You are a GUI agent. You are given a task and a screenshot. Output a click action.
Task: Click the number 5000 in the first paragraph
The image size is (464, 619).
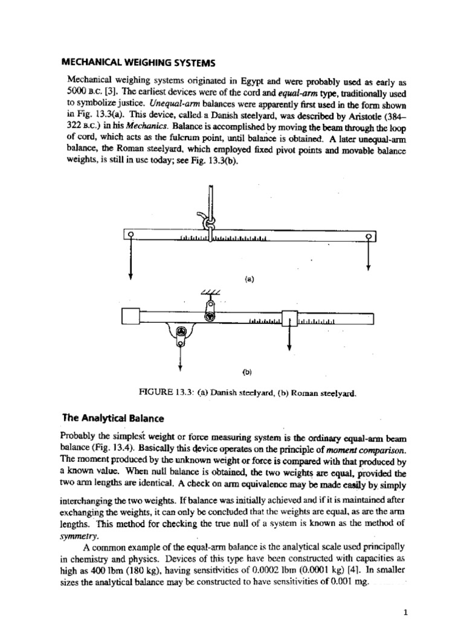point(79,90)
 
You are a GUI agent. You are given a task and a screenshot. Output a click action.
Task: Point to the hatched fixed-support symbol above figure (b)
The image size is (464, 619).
point(207,293)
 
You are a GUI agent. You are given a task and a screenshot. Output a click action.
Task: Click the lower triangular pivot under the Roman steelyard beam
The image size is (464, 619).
point(180,332)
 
